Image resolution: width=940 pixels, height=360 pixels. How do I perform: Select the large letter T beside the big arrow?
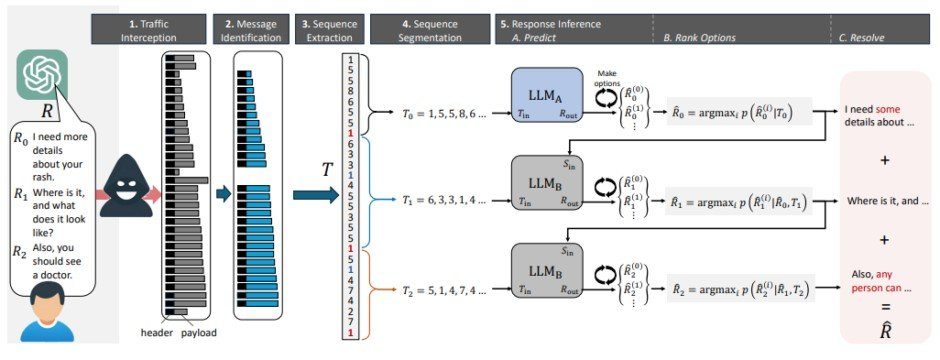(x=325, y=170)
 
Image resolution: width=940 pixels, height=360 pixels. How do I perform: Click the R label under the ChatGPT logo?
(x=42, y=111)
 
